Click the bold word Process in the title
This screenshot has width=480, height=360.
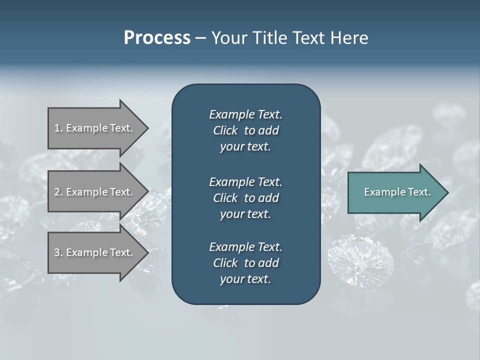(x=156, y=38)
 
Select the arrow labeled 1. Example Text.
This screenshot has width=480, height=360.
(x=95, y=128)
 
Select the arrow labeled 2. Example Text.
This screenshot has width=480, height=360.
(x=95, y=192)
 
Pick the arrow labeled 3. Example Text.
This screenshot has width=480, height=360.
(x=95, y=252)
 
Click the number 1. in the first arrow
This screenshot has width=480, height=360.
(x=58, y=128)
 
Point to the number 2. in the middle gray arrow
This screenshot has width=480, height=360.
(x=58, y=192)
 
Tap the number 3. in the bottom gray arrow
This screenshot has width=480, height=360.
(x=58, y=252)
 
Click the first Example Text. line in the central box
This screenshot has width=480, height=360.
(x=245, y=114)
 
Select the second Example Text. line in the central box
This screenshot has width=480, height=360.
(x=245, y=181)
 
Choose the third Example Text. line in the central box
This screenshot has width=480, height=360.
(x=245, y=247)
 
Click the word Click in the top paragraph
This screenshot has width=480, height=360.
(x=225, y=131)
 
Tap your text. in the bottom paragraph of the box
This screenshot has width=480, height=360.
(x=245, y=279)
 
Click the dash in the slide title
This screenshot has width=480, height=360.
(x=200, y=38)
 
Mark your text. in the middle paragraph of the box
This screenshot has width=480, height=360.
(x=245, y=214)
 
